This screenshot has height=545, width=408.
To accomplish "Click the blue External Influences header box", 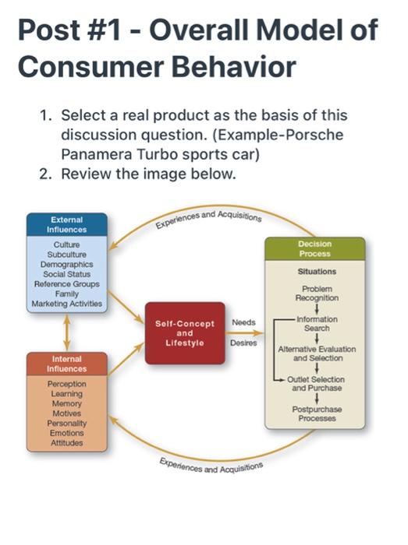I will [x=66, y=224].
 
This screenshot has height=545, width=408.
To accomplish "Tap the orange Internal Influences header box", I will [x=66, y=363].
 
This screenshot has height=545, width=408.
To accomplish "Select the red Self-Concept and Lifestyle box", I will [x=183, y=332].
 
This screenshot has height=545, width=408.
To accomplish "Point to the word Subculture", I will [x=66, y=254].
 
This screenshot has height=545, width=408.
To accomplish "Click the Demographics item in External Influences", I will [x=66, y=264].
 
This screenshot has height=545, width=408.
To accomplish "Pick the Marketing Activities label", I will [x=66, y=304].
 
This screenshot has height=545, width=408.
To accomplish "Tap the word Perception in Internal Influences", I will [x=66, y=385].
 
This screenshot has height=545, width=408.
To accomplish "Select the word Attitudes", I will [x=66, y=443].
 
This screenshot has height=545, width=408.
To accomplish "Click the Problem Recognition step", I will [x=316, y=293].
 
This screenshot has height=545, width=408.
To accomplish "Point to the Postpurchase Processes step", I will [x=316, y=413].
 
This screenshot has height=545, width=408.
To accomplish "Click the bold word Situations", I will [x=316, y=272].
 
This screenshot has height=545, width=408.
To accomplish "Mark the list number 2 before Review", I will [x=45, y=174].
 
